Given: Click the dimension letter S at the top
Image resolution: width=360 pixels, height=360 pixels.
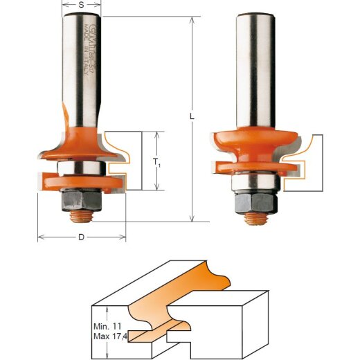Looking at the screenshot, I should click(82, 5).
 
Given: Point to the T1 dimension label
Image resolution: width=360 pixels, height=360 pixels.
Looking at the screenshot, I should click(160, 164).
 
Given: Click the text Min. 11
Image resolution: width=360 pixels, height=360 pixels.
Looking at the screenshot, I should click(107, 325).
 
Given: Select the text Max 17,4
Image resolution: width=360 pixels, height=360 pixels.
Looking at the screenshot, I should click(109, 336).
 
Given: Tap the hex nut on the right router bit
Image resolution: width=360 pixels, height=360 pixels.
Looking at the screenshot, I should click(254, 201).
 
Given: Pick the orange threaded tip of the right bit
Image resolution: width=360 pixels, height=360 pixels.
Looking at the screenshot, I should click(255, 218).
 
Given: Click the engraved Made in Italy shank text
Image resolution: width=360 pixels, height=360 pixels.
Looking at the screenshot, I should click(89, 48).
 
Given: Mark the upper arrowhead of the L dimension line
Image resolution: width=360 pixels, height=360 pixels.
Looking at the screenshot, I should click(192, 21).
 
